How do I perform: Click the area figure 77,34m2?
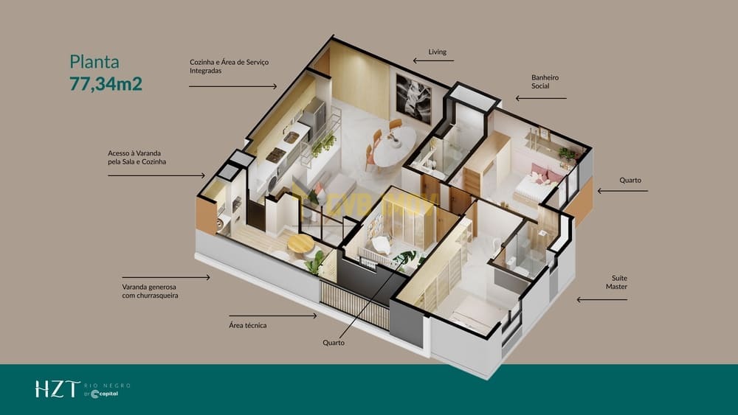pyautogui.click(x=106, y=83)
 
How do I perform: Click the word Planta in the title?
pyautogui.click(x=94, y=62)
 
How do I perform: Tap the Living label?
pyautogui.click(x=437, y=52)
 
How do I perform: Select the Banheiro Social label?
pyautogui.click(x=545, y=81)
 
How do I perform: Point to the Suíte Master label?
pyautogui.click(x=616, y=282)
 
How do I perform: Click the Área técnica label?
pyautogui.click(x=247, y=325)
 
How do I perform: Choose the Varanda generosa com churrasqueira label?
pyautogui.click(x=150, y=291)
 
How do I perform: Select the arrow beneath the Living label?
pyautogui.click(x=433, y=60)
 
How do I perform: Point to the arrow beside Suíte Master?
pyautogui.click(x=602, y=299)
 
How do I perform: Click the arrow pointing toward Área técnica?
pyautogui.click(x=273, y=315)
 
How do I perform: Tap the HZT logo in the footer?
pyautogui.click(x=58, y=389)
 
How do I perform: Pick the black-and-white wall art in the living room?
pyautogui.click(x=413, y=100)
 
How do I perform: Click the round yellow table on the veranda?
pyautogui.click(x=300, y=244)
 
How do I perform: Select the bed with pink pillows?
pyautogui.click(x=537, y=186)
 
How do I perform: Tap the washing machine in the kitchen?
pyautogui.click(x=272, y=184)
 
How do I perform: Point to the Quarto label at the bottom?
pyautogui.click(x=334, y=343)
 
